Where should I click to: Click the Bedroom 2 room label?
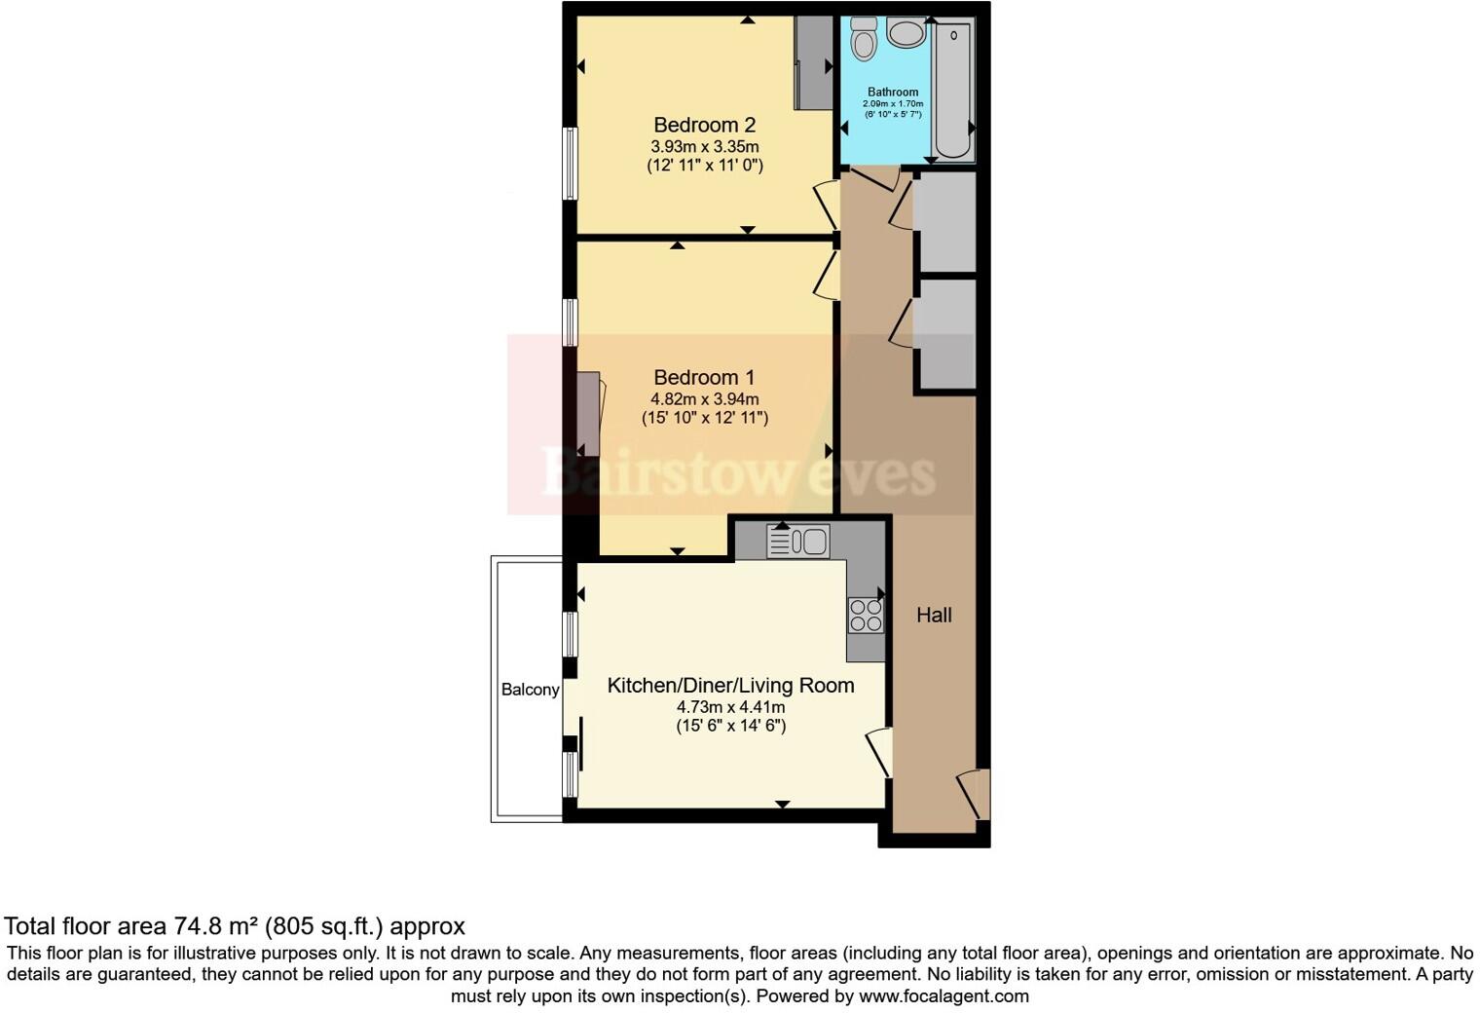pos(704,125)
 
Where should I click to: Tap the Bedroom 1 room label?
pos(704,377)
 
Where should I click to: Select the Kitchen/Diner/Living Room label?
pos(730,685)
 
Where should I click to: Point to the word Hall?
pos(934,615)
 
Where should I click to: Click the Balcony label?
pos(530,690)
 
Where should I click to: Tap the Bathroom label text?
pos(893,93)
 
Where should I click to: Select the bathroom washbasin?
pos(906,33)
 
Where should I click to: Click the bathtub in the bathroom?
pos(952,90)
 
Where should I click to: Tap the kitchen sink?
pos(798,542)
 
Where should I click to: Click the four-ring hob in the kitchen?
pos(865,615)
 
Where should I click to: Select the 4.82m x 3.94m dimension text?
pos(704,398)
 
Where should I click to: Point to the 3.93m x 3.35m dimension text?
pos(704,146)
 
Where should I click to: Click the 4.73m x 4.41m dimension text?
pos(730,707)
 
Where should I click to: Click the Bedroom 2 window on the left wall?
pos(572,164)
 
